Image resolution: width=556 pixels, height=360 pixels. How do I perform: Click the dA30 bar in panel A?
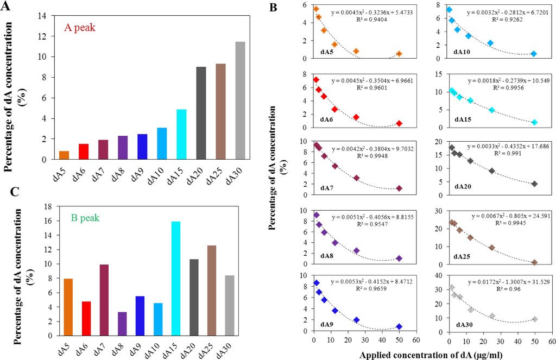(241, 100)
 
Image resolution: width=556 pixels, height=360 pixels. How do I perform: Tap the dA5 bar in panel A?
(64, 155)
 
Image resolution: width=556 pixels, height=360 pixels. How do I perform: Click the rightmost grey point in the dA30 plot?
(535, 319)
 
